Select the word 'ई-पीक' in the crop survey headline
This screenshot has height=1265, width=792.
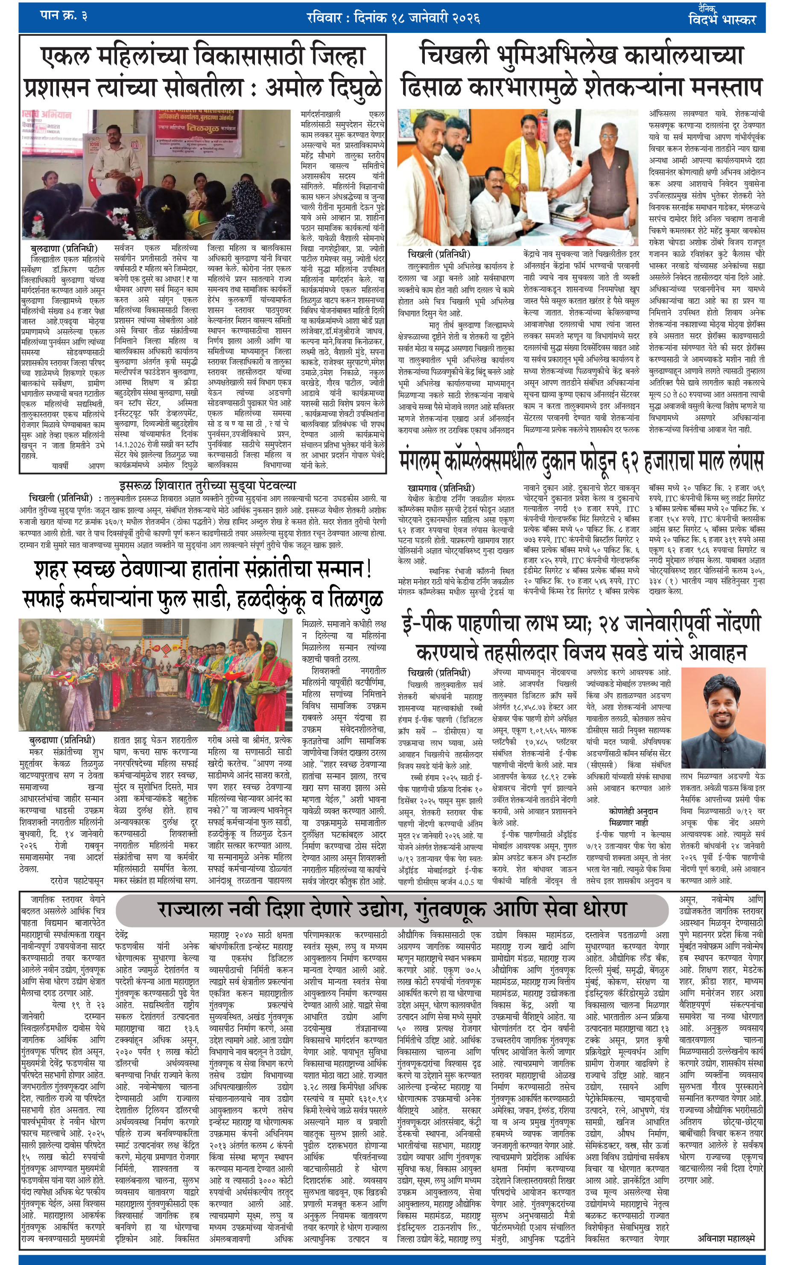(x=429, y=624)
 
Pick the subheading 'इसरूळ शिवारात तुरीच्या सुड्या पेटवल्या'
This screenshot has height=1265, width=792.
(x=207, y=486)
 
